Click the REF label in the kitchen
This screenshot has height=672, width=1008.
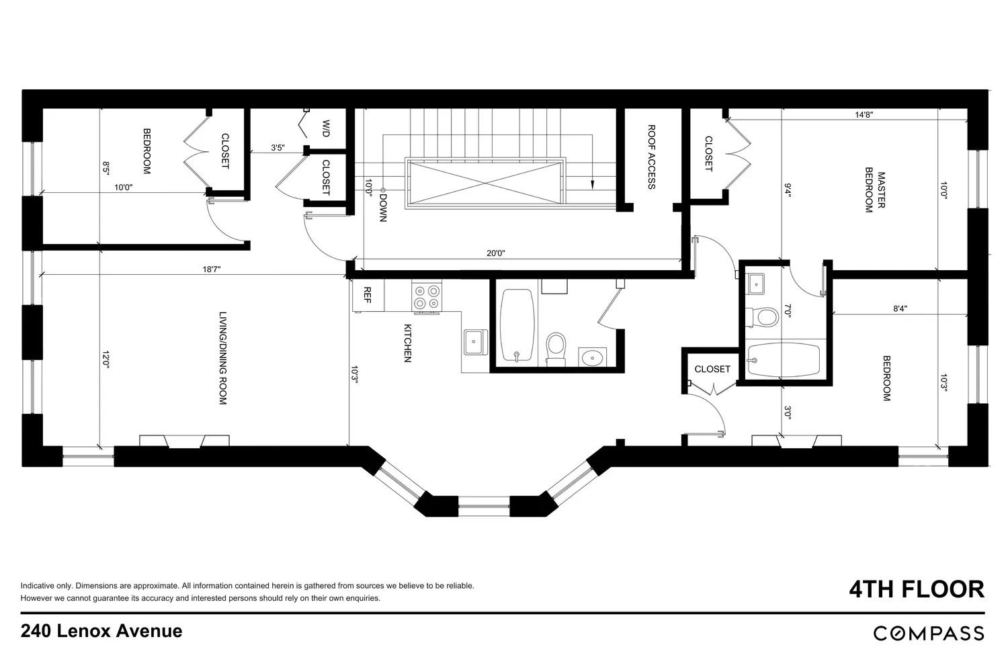367,295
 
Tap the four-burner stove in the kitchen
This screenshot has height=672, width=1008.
427,296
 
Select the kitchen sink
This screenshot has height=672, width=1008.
474,342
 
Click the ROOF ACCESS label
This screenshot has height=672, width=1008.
651,157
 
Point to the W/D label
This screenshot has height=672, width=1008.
326,128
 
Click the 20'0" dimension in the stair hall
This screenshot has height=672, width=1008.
495,253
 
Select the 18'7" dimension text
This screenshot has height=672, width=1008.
212,269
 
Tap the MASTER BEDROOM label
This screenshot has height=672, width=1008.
875,190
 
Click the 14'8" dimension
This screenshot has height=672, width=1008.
864,115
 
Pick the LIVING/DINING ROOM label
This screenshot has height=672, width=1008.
222,358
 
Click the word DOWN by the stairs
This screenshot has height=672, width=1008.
383,208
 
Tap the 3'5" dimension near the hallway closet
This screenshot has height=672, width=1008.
278,148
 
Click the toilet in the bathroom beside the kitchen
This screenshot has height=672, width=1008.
556,348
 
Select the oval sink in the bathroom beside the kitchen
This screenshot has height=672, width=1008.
592,358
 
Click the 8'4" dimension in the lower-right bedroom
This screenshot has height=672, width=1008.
900,308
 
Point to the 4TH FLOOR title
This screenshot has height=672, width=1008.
917,589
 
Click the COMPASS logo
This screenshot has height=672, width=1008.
929,633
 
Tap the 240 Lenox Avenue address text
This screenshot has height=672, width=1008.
101,631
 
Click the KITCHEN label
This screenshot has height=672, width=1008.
407,343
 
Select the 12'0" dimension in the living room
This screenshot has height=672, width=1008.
106,360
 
